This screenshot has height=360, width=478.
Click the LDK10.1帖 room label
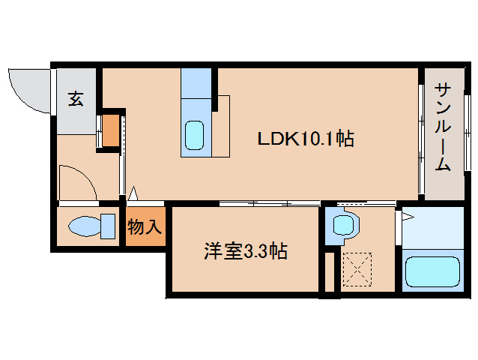click(x=306, y=139)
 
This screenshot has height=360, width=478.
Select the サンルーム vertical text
click(x=443, y=127)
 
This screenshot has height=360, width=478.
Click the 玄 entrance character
click(x=76, y=97)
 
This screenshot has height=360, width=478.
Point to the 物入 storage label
click(x=145, y=227)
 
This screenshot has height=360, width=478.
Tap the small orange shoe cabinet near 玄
click(x=110, y=130)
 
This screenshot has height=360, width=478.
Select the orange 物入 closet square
click(x=145, y=227)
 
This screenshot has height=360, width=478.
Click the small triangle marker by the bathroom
click(x=408, y=217)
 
